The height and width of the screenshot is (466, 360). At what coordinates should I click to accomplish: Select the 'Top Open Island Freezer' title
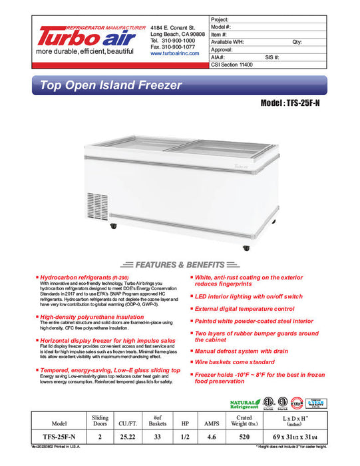coord(111,86)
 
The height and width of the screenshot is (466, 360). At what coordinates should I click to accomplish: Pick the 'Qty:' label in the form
coord(297,41)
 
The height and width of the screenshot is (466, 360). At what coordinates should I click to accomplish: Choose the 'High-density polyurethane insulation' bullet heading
coord(92,317)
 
